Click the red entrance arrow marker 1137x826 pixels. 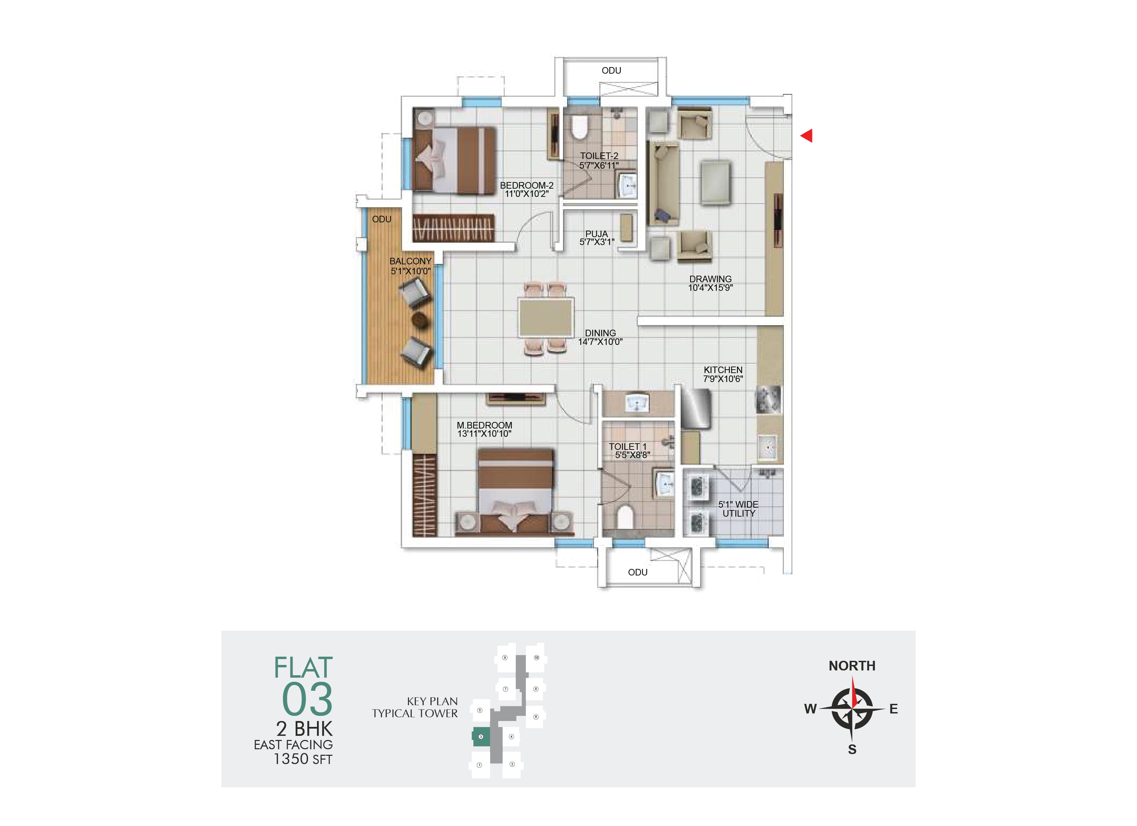coord(807,136)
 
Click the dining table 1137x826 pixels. coord(546,318)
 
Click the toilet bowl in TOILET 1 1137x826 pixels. coord(625,517)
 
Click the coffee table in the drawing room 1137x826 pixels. coord(715,182)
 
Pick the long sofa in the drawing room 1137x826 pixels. coord(664,183)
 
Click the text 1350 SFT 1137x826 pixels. coord(303,759)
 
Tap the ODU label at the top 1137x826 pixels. coord(612,71)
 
